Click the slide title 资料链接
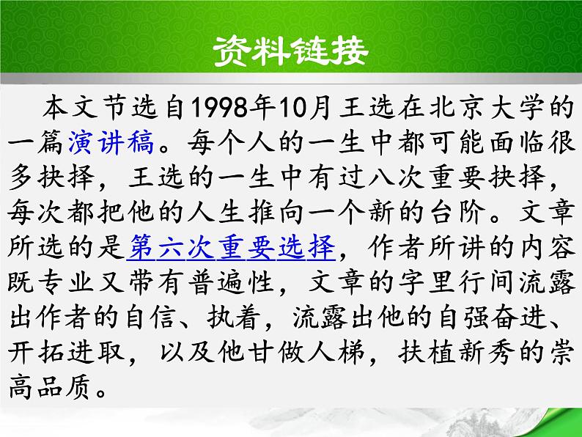[291, 53]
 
